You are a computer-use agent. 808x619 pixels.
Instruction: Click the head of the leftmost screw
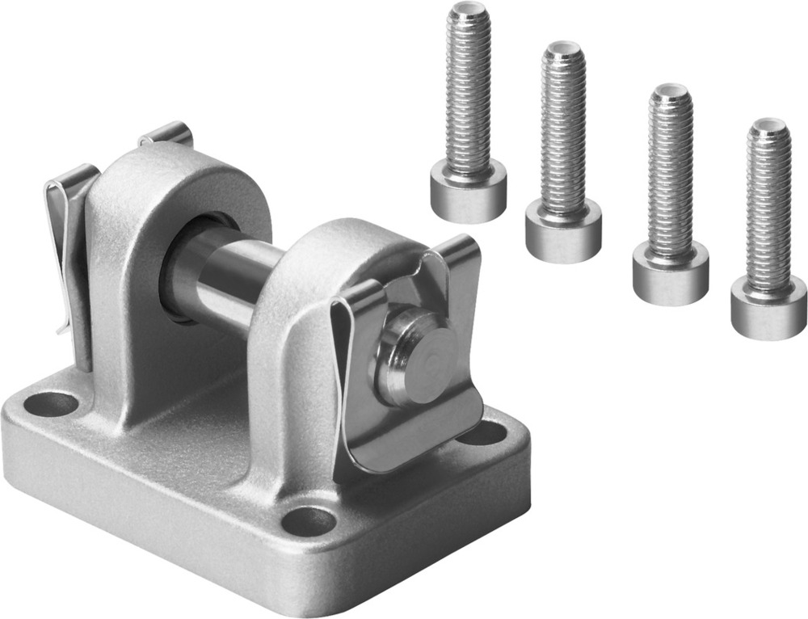(x=468, y=189)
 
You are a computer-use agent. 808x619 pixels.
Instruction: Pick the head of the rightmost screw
(x=768, y=306)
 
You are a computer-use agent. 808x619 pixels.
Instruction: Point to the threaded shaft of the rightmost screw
(x=768, y=210)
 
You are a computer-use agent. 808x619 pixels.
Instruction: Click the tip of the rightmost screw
(x=768, y=127)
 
